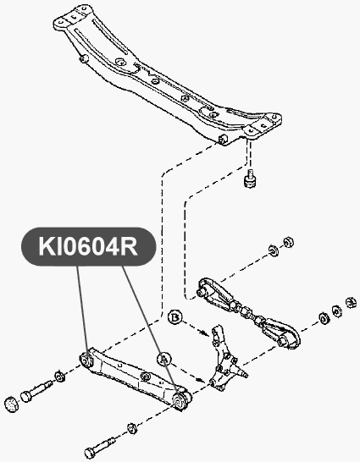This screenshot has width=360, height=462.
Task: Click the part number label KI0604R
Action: [88, 246]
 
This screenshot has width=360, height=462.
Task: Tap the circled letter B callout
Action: [175, 317]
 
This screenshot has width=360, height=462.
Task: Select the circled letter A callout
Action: [164, 359]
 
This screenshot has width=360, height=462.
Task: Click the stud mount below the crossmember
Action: [250, 179]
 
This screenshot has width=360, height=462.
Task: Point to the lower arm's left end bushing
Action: [86, 359]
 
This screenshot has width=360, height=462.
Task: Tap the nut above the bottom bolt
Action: [131, 428]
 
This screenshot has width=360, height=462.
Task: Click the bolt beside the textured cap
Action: [36, 391]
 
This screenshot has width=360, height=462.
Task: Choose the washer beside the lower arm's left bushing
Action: [60, 377]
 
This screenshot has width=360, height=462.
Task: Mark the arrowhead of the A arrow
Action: [202, 381]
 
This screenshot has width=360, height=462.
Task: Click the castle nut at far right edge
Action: [351, 303]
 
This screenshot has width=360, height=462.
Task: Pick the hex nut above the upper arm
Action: [288, 242]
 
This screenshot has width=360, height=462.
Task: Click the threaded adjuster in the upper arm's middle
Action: [246, 312]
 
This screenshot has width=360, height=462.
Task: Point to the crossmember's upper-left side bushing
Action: [84, 58]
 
